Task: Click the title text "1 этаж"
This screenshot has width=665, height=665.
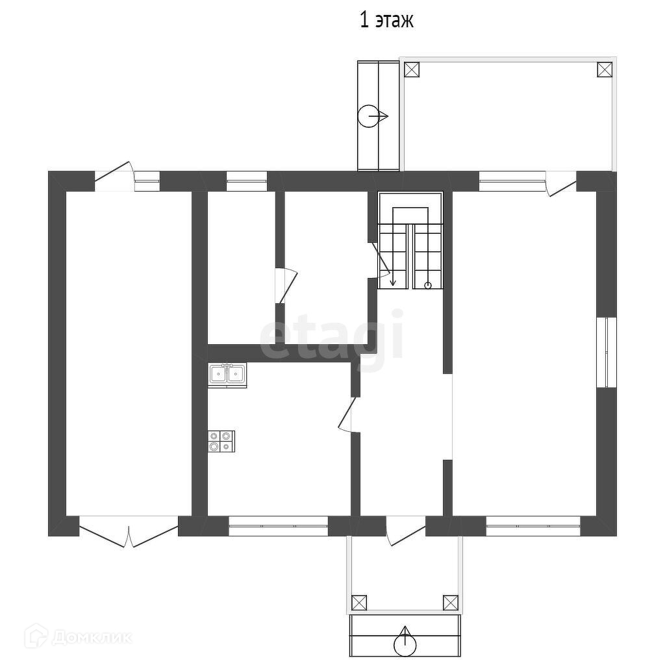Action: coord(386,20)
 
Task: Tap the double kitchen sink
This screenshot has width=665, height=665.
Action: coord(227,375)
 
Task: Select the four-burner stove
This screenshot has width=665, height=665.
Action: coord(221,441)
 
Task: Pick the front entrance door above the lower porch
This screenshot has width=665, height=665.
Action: coord(405,530)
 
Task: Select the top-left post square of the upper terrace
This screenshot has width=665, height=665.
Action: coord(412,69)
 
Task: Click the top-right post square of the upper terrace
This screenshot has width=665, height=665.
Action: coord(605,69)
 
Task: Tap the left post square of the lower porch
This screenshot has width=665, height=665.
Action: coord(359,603)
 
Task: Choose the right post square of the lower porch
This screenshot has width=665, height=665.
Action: coord(451,603)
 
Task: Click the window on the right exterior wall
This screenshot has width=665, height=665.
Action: coord(607,352)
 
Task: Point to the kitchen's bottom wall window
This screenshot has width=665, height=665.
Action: coord(278,526)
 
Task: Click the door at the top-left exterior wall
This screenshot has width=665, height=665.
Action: coord(114,177)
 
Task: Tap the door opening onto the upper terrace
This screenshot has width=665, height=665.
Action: coord(560,183)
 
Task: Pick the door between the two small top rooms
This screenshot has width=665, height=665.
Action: coord(286,286)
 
